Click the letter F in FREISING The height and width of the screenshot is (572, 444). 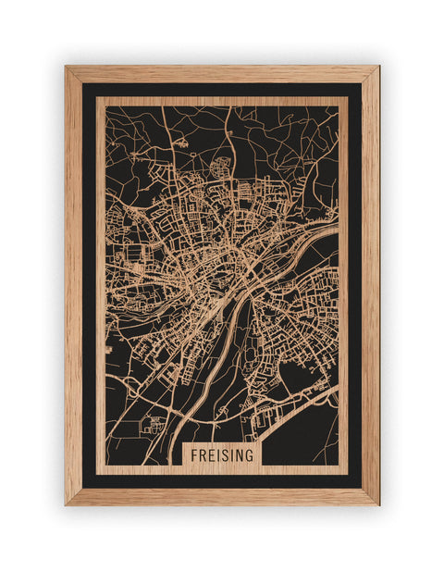[195, 455]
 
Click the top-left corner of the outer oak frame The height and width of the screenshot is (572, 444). [66, 67]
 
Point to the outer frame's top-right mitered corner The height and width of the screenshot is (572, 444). [378, 67]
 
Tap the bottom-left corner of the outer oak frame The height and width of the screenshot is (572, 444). [66, 504]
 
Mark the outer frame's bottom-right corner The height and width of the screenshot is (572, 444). [378, 504]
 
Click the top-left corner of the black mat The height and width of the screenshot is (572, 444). [82, 83]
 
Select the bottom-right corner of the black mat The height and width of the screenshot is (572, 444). [362, 488]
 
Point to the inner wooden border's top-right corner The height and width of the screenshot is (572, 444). [347, 98]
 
